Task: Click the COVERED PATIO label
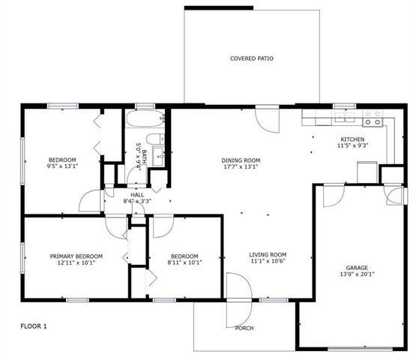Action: pyautogui.click(x=251, y=58)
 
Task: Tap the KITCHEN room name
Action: pyautogui.click(x=352, y=139)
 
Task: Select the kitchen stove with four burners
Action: pyautogui.click(x=373, y=118)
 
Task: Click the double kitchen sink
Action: pyautogui.click(x=346, y=118)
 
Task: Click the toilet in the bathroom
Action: pyautogui.click(x=154, y=139)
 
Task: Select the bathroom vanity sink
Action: pyautogui.click(x=159, y=156)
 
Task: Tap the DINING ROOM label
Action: pyautogui.click(x=241, y=160)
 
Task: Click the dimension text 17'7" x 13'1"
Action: pyautogui.click(x=241, y=168)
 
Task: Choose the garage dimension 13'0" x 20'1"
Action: pyautogui.click(x=356, y=274)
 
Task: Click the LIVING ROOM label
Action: pyautogui.click(x=268, y=255)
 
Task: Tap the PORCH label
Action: pyautogui.click(x=244, y=328)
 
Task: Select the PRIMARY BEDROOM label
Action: pyautogui.click(x=76, y=256)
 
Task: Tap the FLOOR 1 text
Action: pyautogui.click(x=33, y=326)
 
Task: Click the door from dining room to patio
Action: pyautogui.click(x=266, y=118)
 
